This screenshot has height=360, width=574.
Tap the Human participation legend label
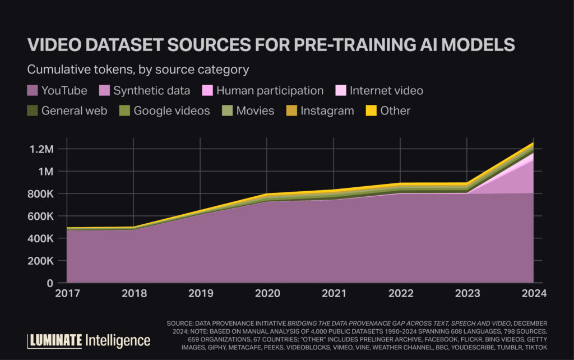tap(270, 91)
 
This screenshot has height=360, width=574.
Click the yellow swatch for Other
tap(371, 110)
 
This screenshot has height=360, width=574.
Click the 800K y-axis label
tap(39, 194)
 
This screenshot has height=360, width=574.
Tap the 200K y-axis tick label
tap(39, 261)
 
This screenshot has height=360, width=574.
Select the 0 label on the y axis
tap(50, 283)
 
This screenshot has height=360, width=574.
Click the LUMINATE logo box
tap(55, 340)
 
